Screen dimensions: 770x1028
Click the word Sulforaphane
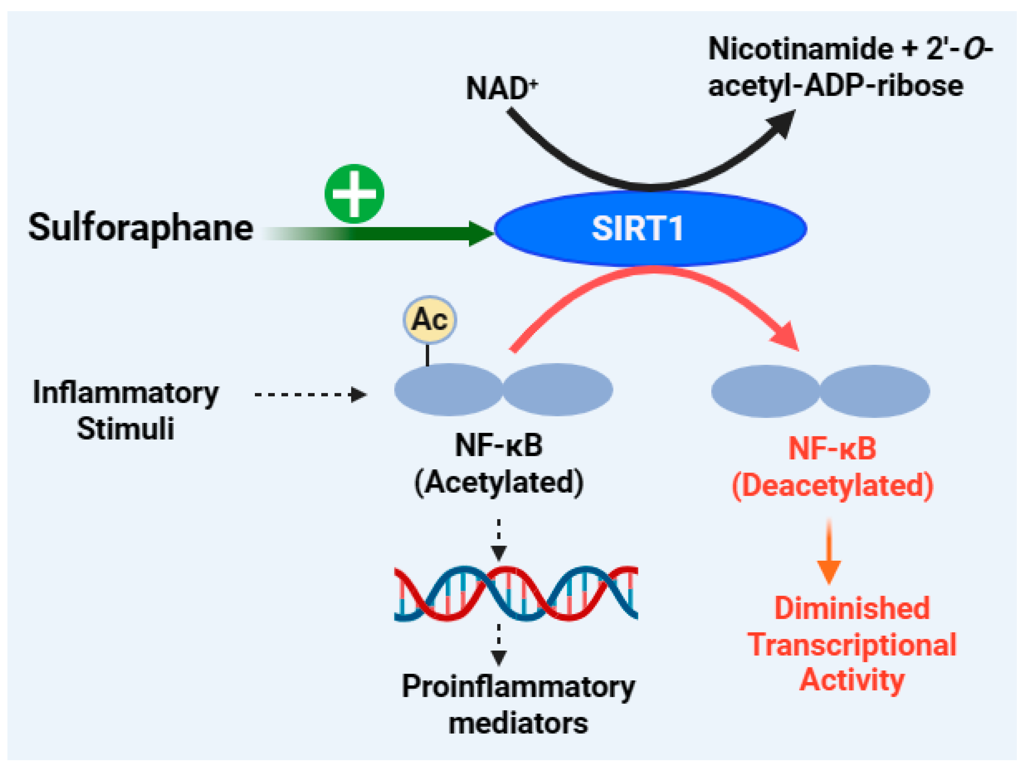pyautogui.click(x=140, y=228)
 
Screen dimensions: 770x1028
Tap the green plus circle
pyautogui.click(x=354, y=194)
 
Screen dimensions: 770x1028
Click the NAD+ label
pyautogui.click(x=501, y=88)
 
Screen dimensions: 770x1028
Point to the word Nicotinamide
pyautogui.click(x=800, y=49)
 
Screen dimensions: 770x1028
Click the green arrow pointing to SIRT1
pyautogui.click(x=409, y=233)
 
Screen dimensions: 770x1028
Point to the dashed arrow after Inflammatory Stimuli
pyautogui.click(x=310, y=395)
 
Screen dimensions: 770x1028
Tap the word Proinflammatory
pyautogui.click(x=518, y=687)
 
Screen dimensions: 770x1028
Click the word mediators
pyautogui.click(x=518, y=724)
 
